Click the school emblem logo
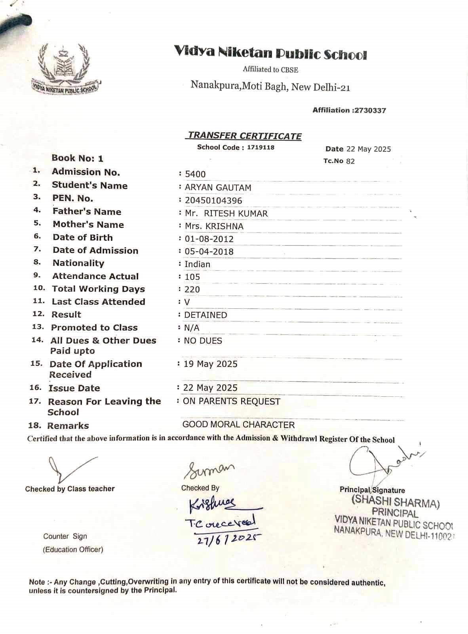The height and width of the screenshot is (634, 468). tap(64, 68)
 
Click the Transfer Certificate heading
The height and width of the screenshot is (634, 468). tap(244, 136)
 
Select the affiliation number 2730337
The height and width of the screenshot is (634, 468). tap(370, 111)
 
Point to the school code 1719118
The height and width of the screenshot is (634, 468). tap(261, 147)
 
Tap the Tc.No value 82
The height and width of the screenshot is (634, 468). tap(350, 161)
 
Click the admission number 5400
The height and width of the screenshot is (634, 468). tap(195, 174)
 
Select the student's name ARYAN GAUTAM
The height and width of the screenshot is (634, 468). tap(218, 187)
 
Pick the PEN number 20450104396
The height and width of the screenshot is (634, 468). tap(213, 201)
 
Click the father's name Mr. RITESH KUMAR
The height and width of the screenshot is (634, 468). tap(226, 214)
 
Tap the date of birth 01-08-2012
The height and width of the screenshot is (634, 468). tap(209, 239)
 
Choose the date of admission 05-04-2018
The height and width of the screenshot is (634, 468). tap(209, 252)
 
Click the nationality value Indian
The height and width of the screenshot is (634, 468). tap(197, 264)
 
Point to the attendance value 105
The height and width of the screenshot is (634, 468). tap(192, 277)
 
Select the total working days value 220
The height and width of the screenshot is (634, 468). tap(192, 290)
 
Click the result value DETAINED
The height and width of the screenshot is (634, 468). tap(205, 315)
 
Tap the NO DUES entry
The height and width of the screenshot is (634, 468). tap(203, 341)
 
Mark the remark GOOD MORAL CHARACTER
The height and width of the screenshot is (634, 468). tap(238, 425)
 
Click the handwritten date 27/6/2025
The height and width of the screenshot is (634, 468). tap(228, 538)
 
